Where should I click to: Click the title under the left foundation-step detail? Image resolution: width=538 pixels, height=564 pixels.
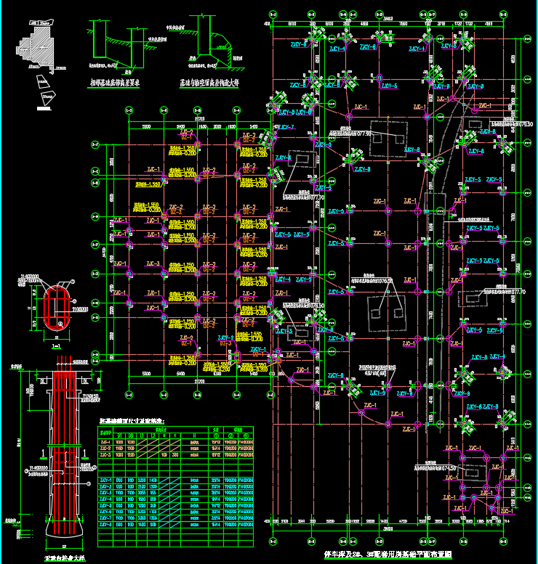tap(113, 83)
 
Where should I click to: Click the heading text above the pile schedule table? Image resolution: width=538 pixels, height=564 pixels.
tap(132, 420)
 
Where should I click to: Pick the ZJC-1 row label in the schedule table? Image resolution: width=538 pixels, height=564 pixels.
tap(106, 441)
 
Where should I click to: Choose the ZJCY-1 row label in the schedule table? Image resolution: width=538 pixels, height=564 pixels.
tap(106, 481)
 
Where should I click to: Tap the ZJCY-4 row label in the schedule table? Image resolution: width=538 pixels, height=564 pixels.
tap(106, 499)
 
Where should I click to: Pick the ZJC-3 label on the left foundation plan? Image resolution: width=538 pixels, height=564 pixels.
tap(153, 264)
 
